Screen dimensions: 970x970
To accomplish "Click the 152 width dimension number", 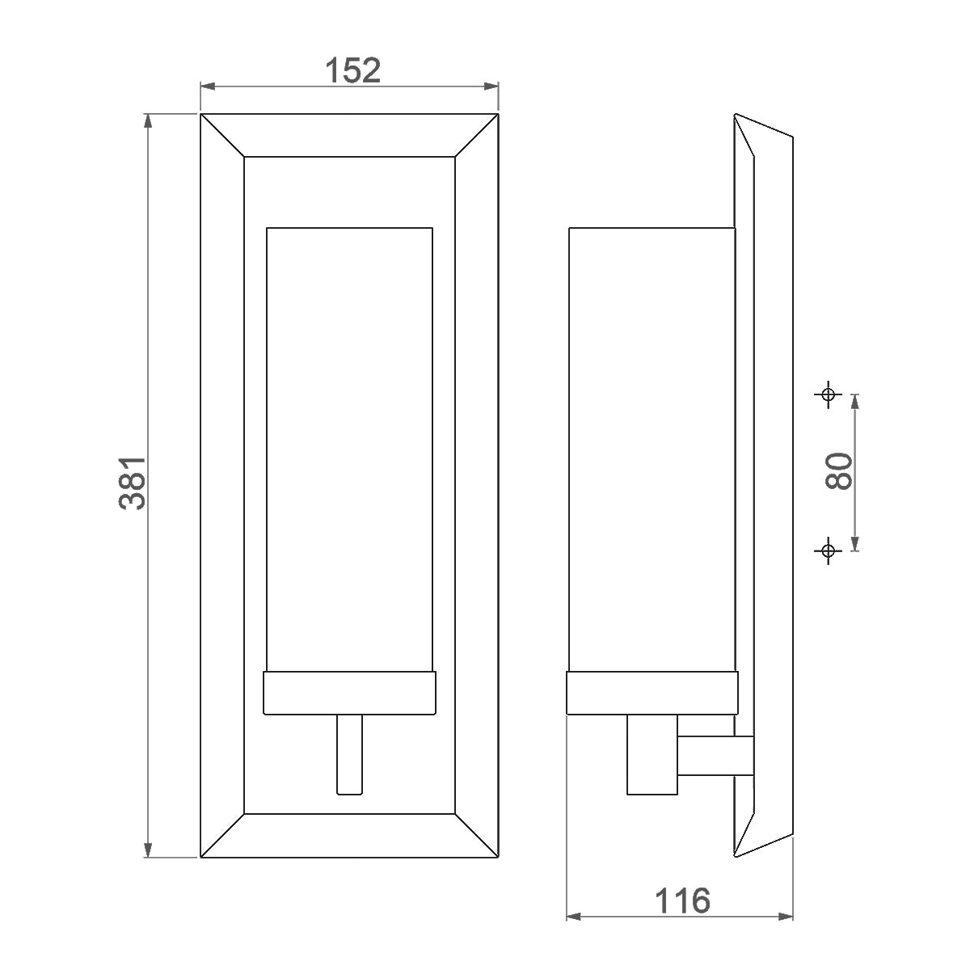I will point(352,70).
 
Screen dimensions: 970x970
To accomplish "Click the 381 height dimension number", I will point(133,482).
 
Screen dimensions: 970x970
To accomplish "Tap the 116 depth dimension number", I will point(681,900).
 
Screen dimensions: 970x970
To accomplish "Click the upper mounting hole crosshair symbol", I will point(827,394).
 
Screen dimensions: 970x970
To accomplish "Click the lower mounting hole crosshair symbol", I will point(827,550).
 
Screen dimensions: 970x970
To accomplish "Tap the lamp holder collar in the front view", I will point(350,693).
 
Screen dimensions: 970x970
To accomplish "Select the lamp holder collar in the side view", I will point(652,693).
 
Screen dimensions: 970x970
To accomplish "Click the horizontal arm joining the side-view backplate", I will point(715,755).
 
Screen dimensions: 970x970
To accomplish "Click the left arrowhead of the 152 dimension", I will point(207,85).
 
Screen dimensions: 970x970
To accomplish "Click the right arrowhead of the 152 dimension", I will point(492,85).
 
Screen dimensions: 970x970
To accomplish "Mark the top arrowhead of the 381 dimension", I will point(148,121).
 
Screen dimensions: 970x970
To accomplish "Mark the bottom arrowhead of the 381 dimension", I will point(148,850).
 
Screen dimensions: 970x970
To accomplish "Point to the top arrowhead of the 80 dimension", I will point(855,400).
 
